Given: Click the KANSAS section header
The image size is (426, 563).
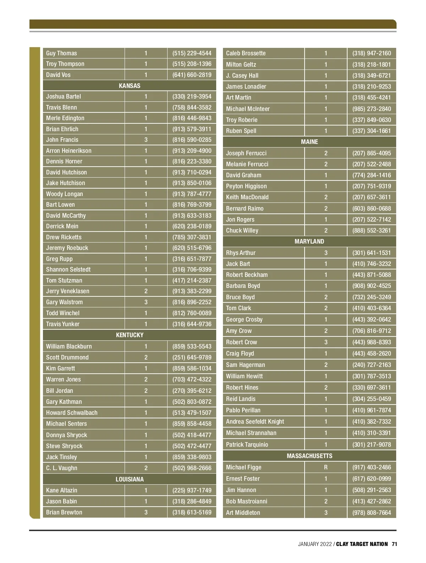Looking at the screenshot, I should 130,86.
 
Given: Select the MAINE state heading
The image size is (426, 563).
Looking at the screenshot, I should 309,142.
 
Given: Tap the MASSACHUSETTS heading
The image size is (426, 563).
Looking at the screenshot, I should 309,456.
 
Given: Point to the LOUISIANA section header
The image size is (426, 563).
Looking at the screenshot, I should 130,479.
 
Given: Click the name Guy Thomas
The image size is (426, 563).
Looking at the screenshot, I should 61,53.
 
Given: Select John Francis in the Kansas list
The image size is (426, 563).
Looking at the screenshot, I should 62,140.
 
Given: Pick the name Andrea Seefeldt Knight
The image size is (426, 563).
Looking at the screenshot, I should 255,422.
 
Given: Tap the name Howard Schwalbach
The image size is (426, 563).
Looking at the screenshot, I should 72,413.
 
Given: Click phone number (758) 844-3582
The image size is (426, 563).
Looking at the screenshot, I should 192,107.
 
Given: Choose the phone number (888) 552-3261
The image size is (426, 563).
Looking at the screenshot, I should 371,230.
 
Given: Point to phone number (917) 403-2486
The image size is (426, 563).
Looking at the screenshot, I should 371,467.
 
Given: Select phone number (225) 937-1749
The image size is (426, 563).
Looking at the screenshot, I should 192,490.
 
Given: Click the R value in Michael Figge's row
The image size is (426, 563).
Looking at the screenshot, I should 326,467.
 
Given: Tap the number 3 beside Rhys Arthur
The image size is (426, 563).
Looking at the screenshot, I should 326,253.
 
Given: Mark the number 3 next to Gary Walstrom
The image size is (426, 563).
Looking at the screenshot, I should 146,302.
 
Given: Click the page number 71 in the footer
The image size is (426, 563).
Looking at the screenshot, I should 394,544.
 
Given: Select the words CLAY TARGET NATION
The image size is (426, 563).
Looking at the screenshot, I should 362,544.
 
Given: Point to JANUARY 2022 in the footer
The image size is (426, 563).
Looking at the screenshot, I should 315,544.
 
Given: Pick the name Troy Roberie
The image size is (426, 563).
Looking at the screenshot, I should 242,120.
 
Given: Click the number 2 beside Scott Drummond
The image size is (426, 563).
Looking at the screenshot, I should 146,357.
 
